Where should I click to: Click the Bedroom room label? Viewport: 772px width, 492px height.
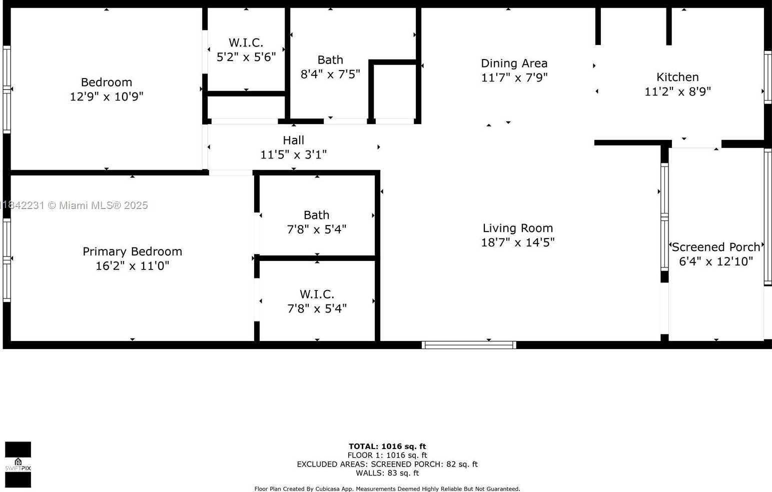coord(107,82)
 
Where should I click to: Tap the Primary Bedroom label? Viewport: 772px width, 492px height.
coord(132,251)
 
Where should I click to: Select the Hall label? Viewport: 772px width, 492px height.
coord(293,140)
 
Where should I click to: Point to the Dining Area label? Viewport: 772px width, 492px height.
coord(514,63)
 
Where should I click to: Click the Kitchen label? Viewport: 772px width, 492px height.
coord(677,77)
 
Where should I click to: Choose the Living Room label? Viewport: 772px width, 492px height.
coord(517,228)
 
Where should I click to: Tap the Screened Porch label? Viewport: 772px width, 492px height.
coord(716,247)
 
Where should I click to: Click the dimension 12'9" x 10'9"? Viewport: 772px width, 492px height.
coord(107,96)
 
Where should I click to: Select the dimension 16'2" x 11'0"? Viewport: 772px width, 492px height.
coord(132,265)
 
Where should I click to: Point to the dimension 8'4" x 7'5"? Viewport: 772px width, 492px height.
coord(330,74)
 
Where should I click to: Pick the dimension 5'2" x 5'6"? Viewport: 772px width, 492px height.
coord(246,57)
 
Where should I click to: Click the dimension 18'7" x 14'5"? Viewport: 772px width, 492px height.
coord(517,242)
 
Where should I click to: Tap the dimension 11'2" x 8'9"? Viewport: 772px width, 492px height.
coord(677,91)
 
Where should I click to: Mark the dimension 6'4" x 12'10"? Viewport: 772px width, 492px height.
coord(716,261)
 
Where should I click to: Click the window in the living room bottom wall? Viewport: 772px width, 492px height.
coord(469,344)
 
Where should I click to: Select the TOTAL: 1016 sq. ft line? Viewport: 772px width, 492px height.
coord(387,446)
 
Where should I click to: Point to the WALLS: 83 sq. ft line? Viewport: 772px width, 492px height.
coord(387,473)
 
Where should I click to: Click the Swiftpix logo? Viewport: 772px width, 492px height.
coord(18,464)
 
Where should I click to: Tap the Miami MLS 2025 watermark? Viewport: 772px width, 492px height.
coord(75,205)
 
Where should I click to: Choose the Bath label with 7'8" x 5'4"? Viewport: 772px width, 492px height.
coord(317,215)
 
